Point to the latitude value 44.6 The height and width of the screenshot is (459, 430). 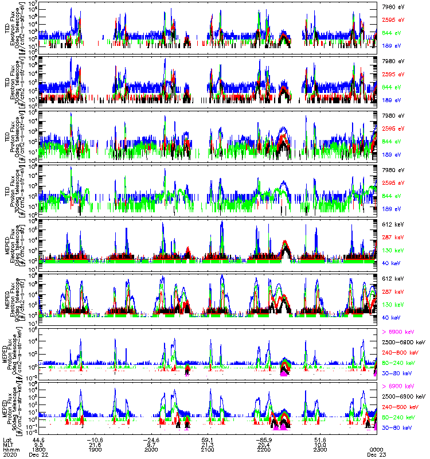(39, 439)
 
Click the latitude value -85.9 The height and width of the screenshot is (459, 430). (264, 439)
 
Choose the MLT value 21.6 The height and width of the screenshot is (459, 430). (95, 444)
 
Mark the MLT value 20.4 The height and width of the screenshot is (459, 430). (264, 444)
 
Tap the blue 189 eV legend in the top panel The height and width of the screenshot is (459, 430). (392, 45)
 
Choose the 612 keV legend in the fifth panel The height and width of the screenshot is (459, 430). (393, 223)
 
